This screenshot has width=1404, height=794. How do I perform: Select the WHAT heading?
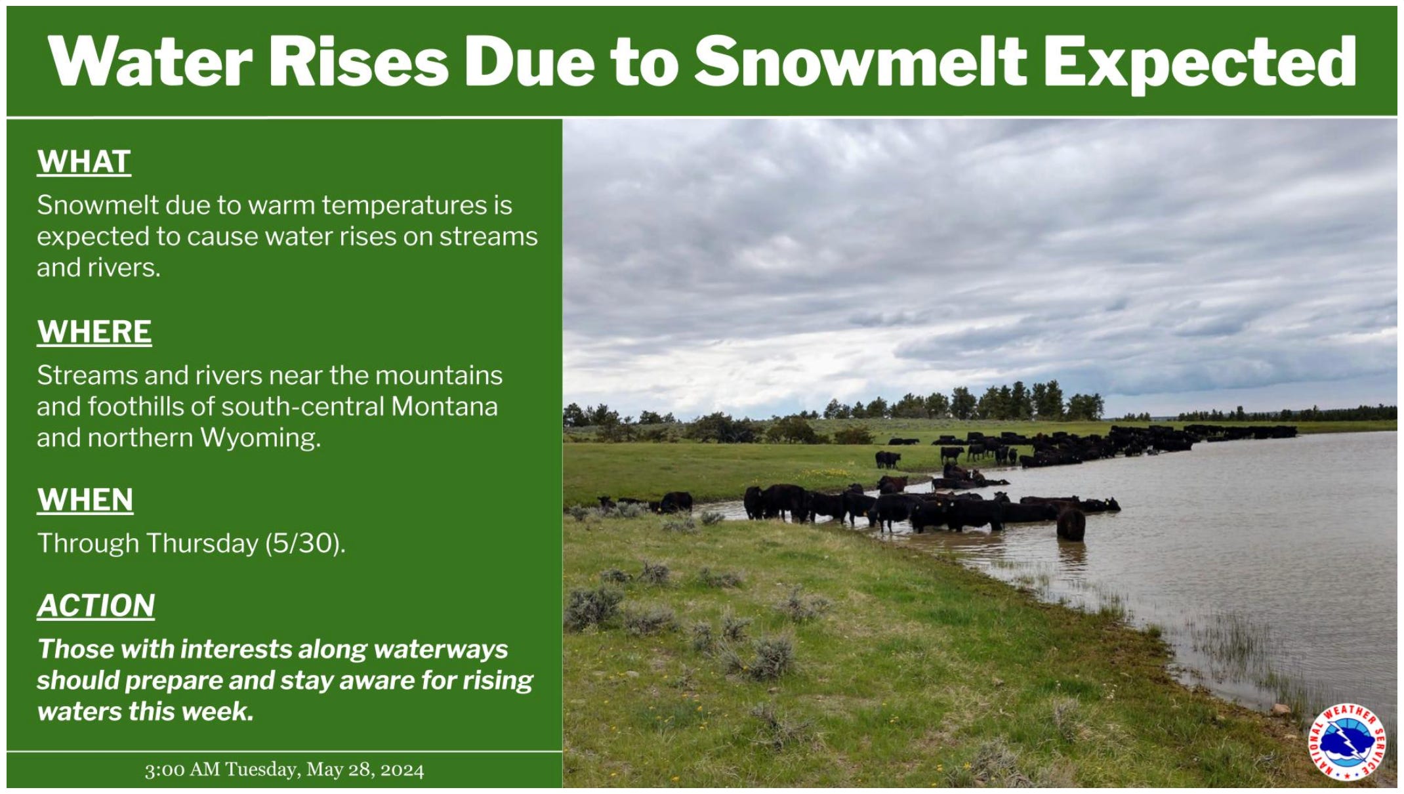coord(84,162)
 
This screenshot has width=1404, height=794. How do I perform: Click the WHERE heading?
coord(94,332)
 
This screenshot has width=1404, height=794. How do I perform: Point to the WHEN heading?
coord(85,500)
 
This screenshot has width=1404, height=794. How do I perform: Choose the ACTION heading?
coord(96,605)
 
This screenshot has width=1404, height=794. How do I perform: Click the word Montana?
coord(444,407)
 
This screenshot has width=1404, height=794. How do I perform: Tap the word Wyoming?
coord(260,438)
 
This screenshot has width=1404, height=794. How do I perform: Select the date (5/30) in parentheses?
coord(305,544)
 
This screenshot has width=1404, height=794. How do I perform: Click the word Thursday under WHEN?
coord(203,544)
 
